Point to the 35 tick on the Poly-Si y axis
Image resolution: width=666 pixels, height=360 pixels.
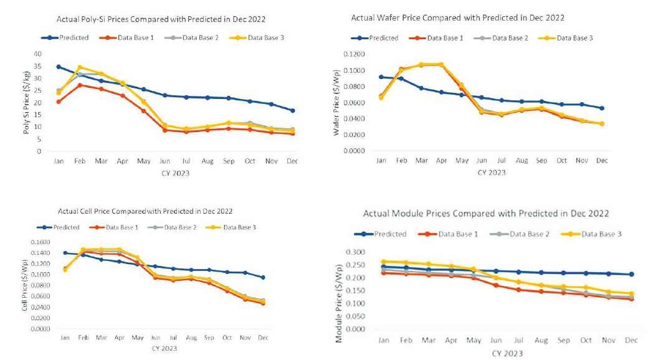tap(39, 67)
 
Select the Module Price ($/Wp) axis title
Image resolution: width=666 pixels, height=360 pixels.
tap(340, 291)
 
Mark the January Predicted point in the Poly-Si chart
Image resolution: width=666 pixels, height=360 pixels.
tap(59, 67)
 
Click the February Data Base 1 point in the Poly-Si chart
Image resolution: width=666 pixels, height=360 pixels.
tap(79, 85)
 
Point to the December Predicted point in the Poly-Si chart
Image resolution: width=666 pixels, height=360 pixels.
tap(292, 110)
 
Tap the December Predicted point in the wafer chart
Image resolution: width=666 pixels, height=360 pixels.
tap(601, 108)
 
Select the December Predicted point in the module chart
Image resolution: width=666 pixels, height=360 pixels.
tap(631, 274)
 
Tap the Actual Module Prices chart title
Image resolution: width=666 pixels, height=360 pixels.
tap(486, 214)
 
